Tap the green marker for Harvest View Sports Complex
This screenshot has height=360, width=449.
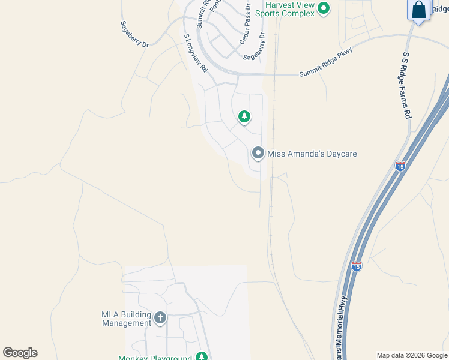pyautogui.click(x=324, y=8)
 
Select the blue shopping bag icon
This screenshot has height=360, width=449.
pyautogui.click(x=418, y=10)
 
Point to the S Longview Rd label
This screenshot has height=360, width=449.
pyautogui.click(x=195, y=53)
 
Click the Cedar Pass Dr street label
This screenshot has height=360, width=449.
pyautogui.click(x=245, y=22)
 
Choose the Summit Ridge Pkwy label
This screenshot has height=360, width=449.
pyautogui.click(x=325, y=62)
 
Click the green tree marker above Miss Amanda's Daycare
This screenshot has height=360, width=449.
pyautogui.click(x=244, y=116)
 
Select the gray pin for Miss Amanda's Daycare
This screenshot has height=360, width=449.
pyautogui.click(x=258, y=153)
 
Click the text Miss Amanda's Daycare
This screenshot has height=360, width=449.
pyautogui.click(x=312, y=154)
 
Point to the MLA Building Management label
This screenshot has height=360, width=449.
pyautogui.click(x=126, y=318)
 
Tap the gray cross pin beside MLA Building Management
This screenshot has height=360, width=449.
pyautogui.click(x=160, y=317)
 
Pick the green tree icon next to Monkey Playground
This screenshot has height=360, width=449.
pyautogui.click(x=202, y=357)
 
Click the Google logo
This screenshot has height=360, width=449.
pyautogui.click(x=20, y=353)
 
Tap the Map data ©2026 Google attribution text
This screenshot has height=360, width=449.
pyautogui.click(x=412, y=355)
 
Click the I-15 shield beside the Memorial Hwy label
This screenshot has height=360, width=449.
pyautogui.click(x=357, y=266)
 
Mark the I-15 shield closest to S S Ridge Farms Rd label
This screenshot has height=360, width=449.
pyautogui.click(x=400, y=166)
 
